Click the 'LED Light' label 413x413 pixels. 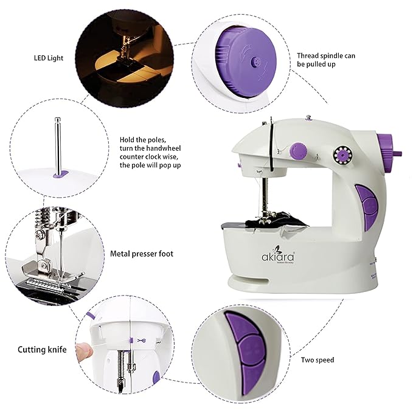pyautogui.click(x=49, y=59)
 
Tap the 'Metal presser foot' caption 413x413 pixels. pyautogui.click(x=141, y=253)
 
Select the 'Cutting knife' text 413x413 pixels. pyautogui.click(x=41, y=350)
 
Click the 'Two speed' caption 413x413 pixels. pyautogui.click(x=317, y=360)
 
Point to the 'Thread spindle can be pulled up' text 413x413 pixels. pyautogui.click(x=325, y=60)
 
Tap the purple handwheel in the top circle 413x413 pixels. pyautogui.click(x=246, y=58)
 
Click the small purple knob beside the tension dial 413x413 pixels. pyautogui.click(x=298, y=149)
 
